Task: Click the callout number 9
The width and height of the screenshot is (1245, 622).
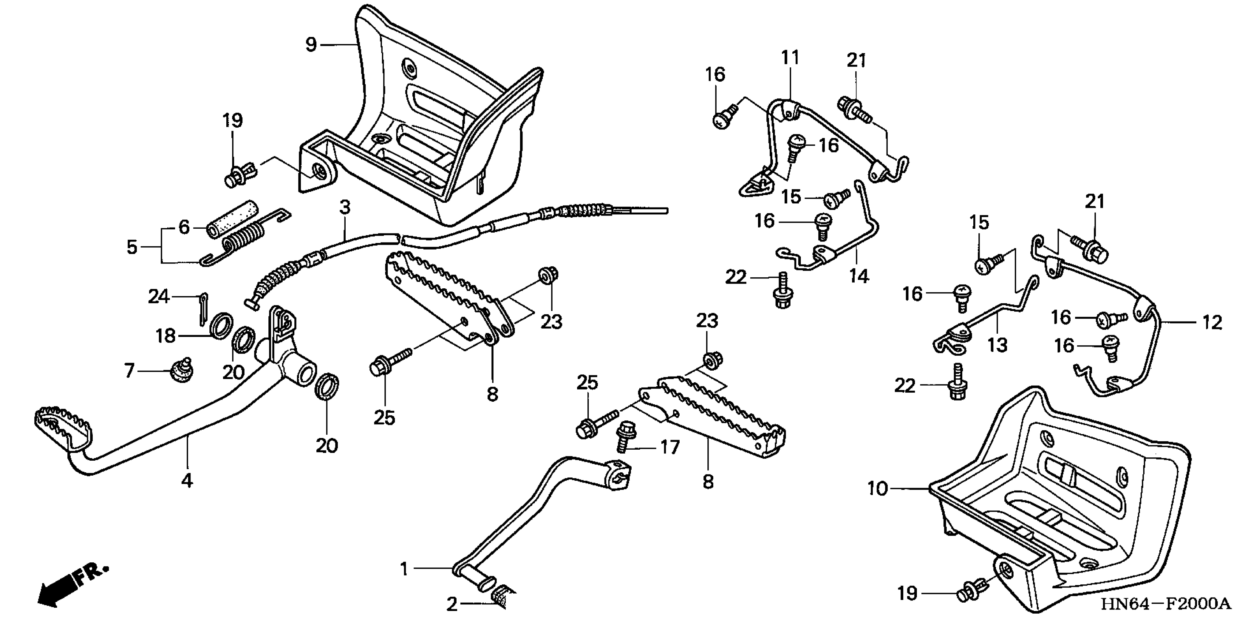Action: point(311,44)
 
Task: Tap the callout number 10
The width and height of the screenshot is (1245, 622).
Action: point(878,489)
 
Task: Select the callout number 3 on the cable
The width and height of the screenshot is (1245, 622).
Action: point(344,208)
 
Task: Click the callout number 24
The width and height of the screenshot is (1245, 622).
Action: point(159,296)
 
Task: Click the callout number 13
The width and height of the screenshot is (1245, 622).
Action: point(997,344)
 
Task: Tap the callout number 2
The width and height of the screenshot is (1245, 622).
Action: point(451,604)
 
